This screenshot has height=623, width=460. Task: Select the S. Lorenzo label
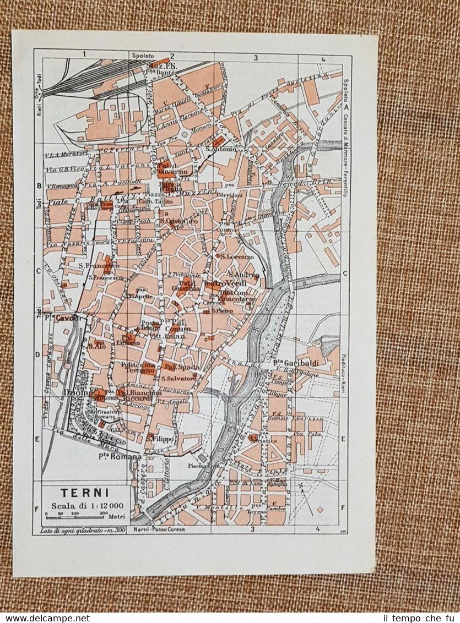tap(237, 256)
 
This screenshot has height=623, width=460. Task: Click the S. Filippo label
tap(160, 439)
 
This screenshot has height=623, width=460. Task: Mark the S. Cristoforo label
tap(179, 221)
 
